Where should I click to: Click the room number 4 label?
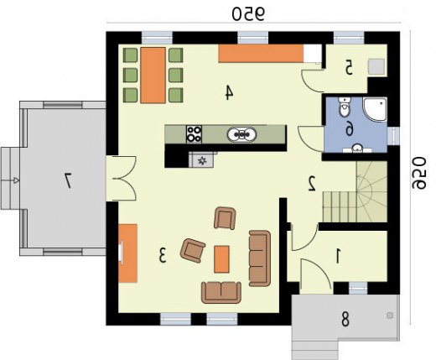click(x=229, y=92)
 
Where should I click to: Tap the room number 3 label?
click(x=163, y=255)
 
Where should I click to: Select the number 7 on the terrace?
click(x=68, y=180)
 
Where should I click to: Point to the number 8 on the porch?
click(x=345, y=319)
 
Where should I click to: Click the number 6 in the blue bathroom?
click(x=350, y=130)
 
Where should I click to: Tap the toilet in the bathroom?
click(x=344, y=107)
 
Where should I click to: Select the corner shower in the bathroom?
click(x=375, y=109)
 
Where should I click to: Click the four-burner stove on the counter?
click(x=194, y=134)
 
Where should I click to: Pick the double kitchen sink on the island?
click(x=241, y=134)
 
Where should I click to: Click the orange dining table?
click(x=153, y=76)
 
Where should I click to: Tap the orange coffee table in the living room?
click(x=221, y=259)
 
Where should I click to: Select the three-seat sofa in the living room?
click(x=260, y=258)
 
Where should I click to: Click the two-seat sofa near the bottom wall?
click(x=221, y=293)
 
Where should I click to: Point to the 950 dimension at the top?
click(x=248, y=13)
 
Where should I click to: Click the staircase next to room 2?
click(x=355, y=192)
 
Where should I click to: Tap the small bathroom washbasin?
click(x=357, y=149)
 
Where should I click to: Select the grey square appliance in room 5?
click(x=376, y=66)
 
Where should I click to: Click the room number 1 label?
click(x=338, y=256)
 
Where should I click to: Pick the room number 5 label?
click(x=348, y=67)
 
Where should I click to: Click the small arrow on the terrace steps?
click(x=17, y=180)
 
